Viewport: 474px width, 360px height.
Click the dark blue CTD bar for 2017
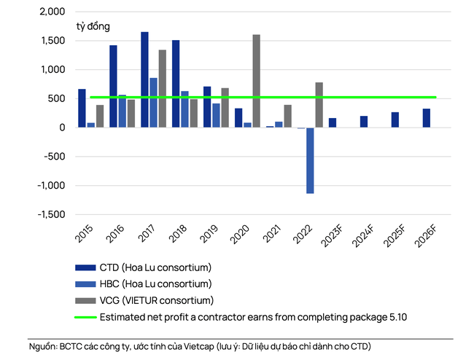click(x=144, y=80)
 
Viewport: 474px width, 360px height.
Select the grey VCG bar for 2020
click(x=256, y=81)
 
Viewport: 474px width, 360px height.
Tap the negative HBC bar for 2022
click(x=310, y=160)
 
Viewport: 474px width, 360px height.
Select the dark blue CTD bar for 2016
click(x=113, y=86)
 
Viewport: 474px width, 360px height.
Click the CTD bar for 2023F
click(x=333, y=122)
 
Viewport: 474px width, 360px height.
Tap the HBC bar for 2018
click(x=184, y=109)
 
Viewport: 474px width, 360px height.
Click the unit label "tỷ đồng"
click(x=93, y=26)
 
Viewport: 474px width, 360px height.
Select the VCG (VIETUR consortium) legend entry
click(x=156, y=300)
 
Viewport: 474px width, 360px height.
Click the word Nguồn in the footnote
click(x=43, y=345)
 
